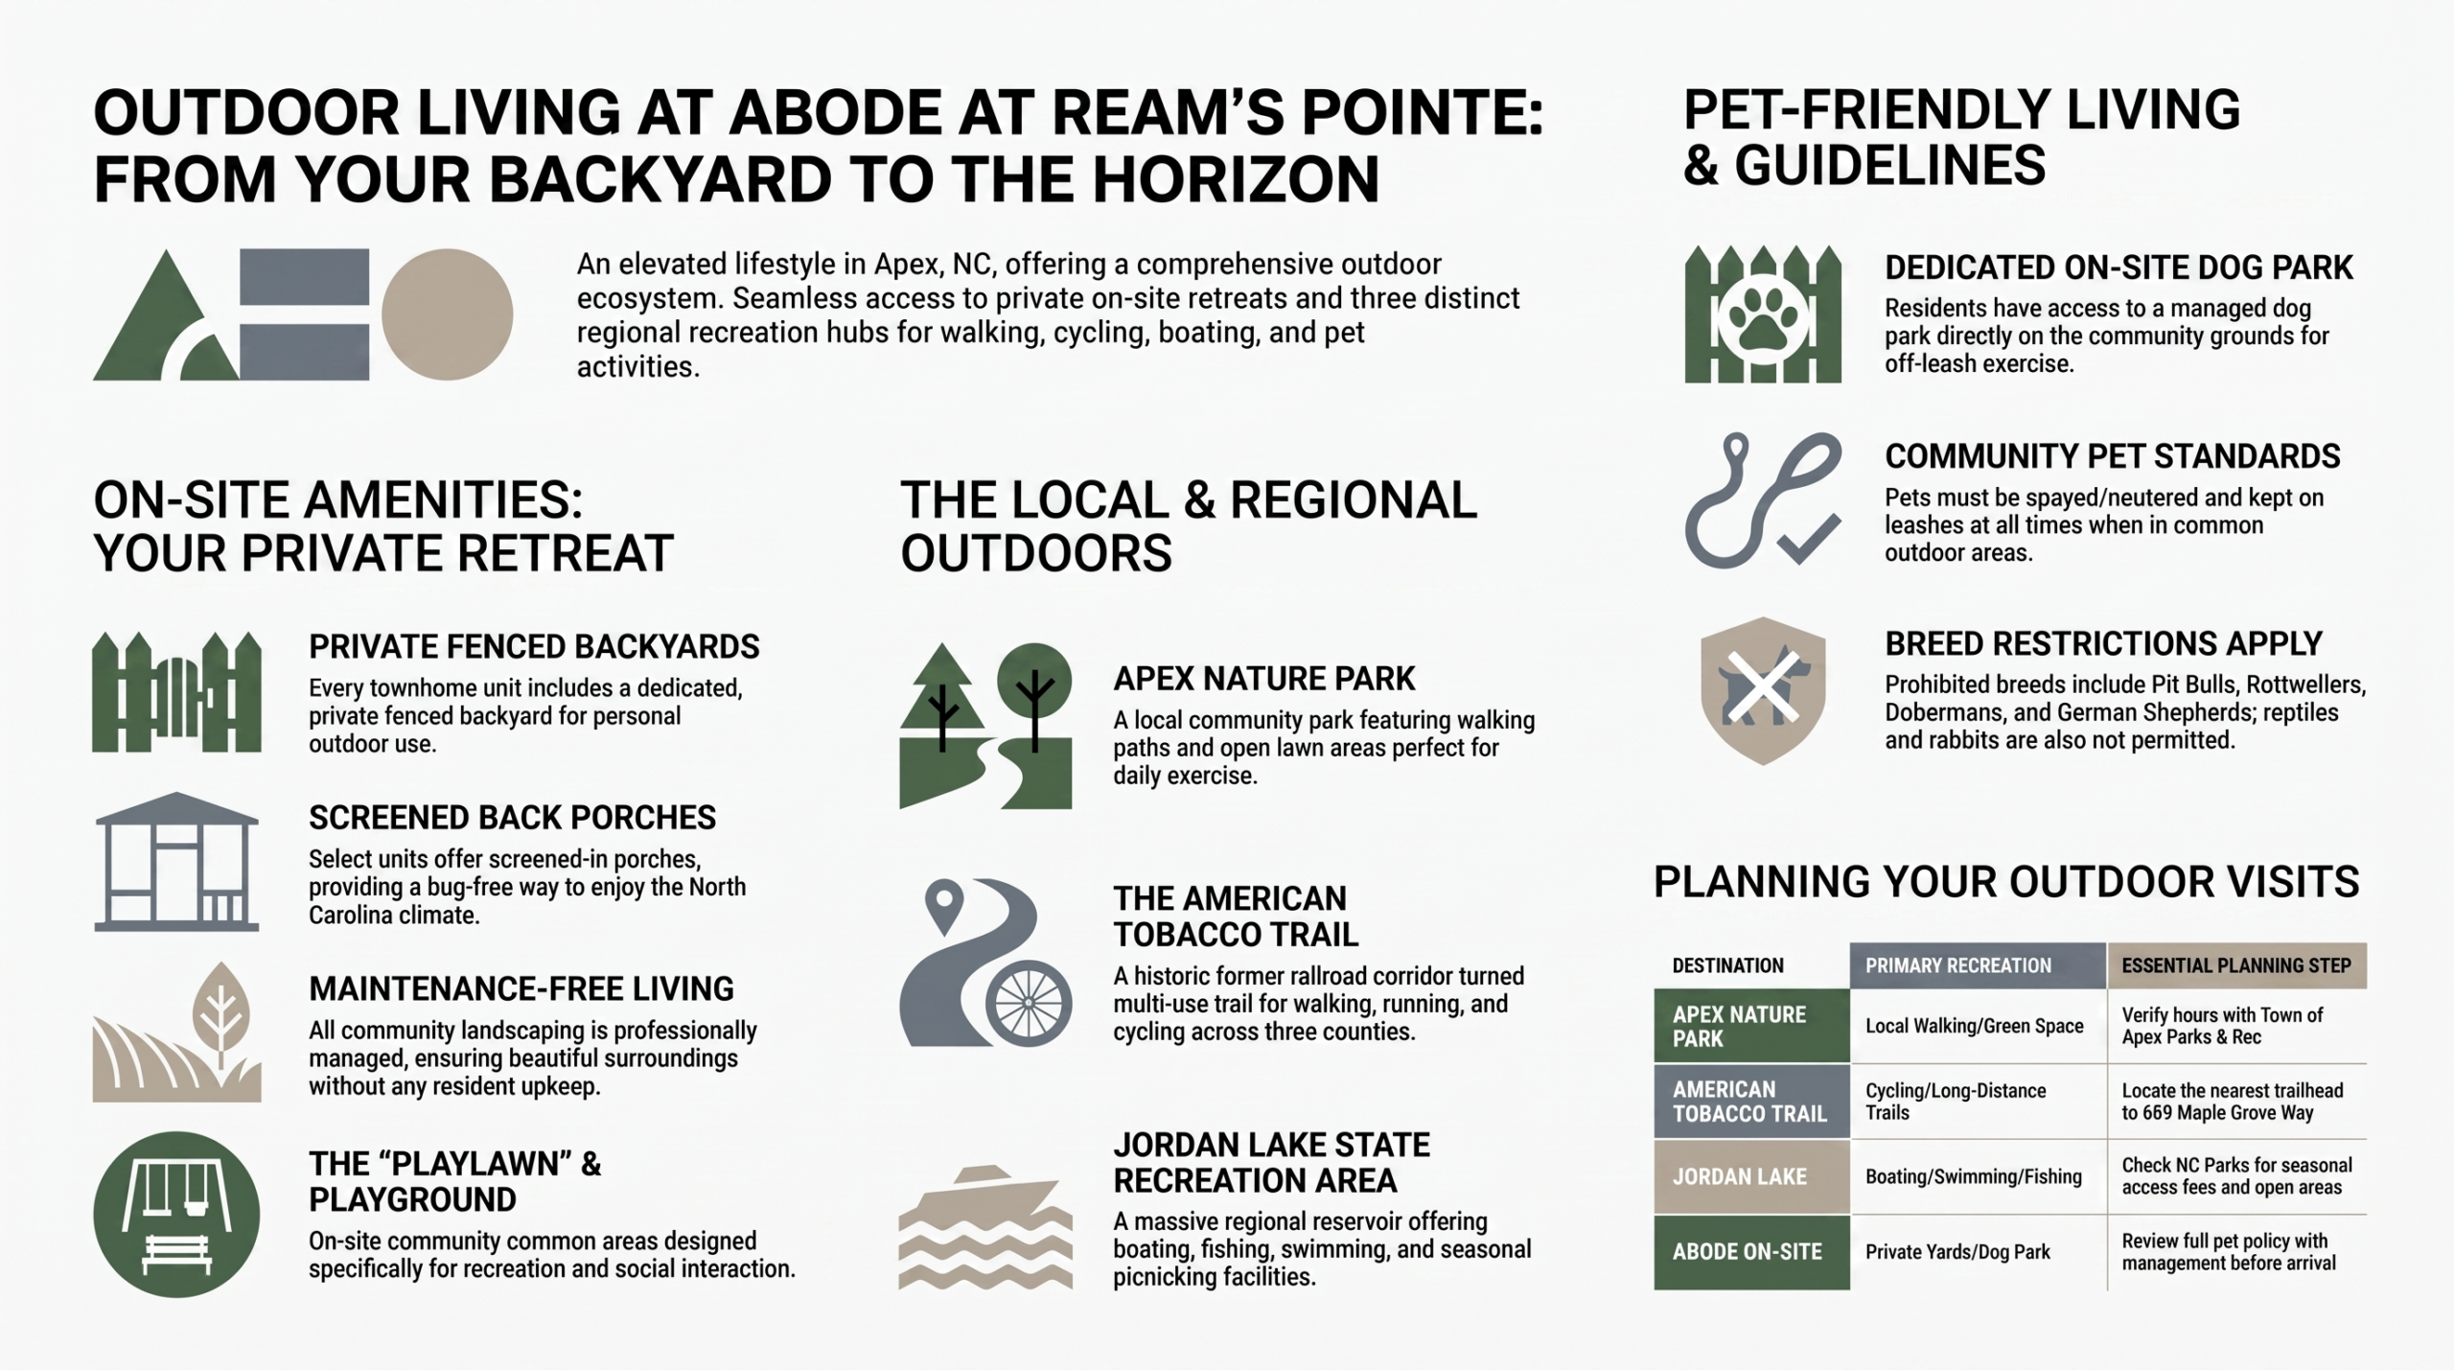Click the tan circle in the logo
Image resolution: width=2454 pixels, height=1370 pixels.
pyautogui.click(x=447, y=314)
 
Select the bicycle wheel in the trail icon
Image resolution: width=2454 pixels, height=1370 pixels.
pyautogui.click(x=1029, y=1004)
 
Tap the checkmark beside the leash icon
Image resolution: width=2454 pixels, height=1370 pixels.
pyautogui.click(x=1809, y=539)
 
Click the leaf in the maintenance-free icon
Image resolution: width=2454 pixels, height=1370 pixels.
pyautogui.click(x=221, y=1012)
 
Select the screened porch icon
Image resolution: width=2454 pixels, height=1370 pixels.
pyautogui.click(x=176, y=861)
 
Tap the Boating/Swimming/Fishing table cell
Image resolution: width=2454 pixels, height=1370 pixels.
pyautogui.click(x=1974, y=1176)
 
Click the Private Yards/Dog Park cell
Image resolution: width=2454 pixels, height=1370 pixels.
pyautogui.click(x=1957, y=1252)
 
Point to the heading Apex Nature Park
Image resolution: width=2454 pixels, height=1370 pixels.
pyautogui.click(x=1263, y=679)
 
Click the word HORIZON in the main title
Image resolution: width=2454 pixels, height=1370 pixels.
pyautogui.click(x=1237, y=179)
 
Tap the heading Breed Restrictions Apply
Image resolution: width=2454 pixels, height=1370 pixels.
pyautogui.click(x=2103, y=643)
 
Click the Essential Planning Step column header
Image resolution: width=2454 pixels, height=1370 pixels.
pyautogui.click(x=2236, y=965)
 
